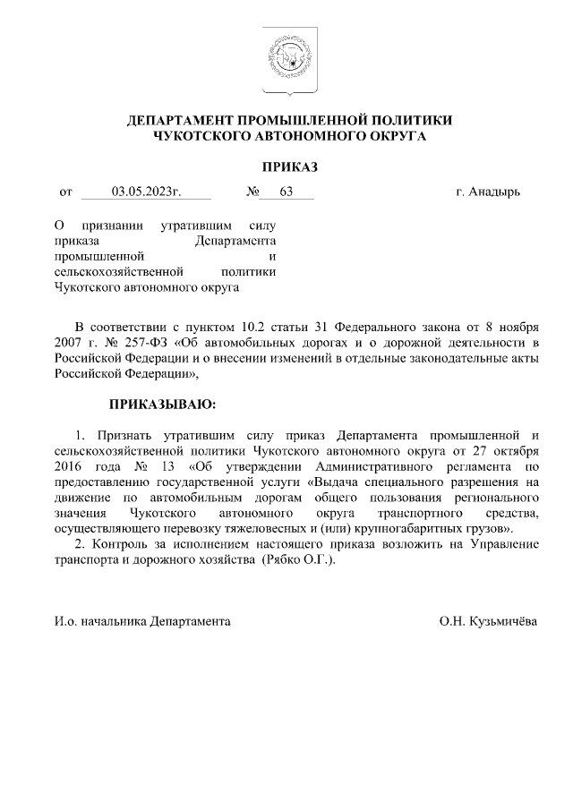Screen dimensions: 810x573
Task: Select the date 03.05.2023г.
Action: pyautogui.click(x=146, y=191)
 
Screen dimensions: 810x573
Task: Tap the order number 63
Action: pyautogui.click(x=286, y=191)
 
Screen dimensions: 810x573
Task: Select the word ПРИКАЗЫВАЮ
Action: pyautogui.click(x=162, y=404)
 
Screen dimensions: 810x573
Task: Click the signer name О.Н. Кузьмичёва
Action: pyautogui.click(x=488, y=620)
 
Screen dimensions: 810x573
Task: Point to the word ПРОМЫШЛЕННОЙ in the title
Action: pyautogui.click(x=289, y=119)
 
